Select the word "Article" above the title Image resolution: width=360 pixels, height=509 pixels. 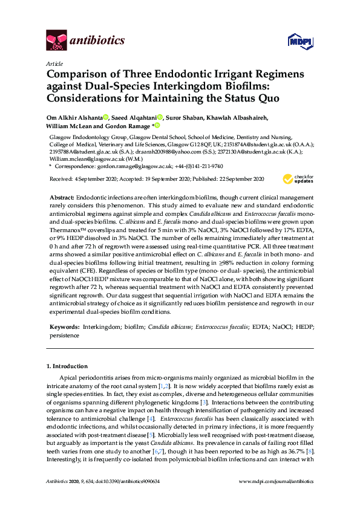coord(54,63)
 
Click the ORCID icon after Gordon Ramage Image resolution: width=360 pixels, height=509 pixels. coord(157,126)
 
